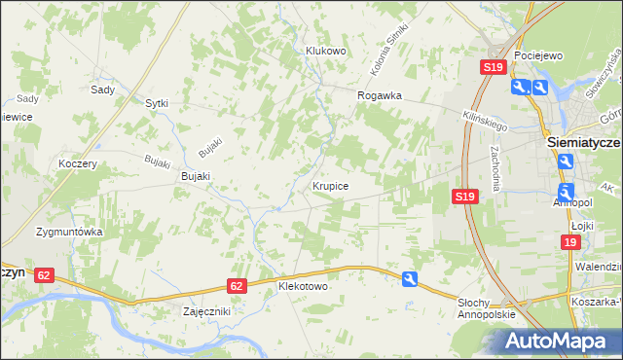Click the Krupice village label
point(331,184)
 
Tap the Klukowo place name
point(326,51)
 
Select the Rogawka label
point(380,96)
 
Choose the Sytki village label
point(157,102)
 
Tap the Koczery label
point(78,163)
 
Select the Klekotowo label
point(304,288)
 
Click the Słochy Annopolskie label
point(485,310)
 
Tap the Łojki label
point(583,223)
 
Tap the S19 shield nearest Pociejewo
point(493,67)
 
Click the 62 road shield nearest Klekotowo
point(237,285)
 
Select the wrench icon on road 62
point(411,280)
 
